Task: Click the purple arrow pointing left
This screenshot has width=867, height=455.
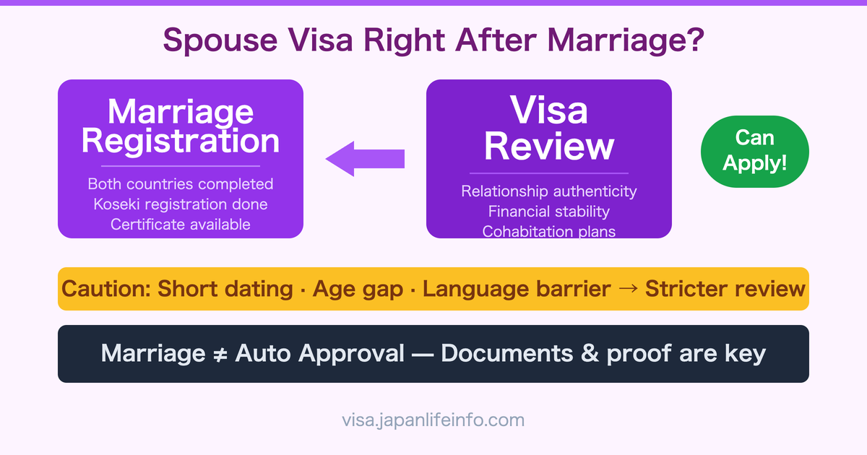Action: pos(364,159)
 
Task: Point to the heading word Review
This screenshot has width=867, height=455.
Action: pos(548,146)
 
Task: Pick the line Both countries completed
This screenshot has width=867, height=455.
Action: pos(180,183)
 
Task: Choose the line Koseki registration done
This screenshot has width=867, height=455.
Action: pos(180,204)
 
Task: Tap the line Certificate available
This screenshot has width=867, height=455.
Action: pos(180,224)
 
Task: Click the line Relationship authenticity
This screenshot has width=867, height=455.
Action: pos(548,191)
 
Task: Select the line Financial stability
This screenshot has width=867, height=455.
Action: pos(548,212)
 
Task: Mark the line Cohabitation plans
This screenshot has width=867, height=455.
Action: pos(548,231)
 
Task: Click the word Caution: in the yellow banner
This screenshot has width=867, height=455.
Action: pos(105,289)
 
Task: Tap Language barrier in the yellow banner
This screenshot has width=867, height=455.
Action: pos(517,289)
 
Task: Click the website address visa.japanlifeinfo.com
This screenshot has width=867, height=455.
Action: pos(433,420)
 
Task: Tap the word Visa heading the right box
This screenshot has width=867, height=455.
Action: pos(548,111)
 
